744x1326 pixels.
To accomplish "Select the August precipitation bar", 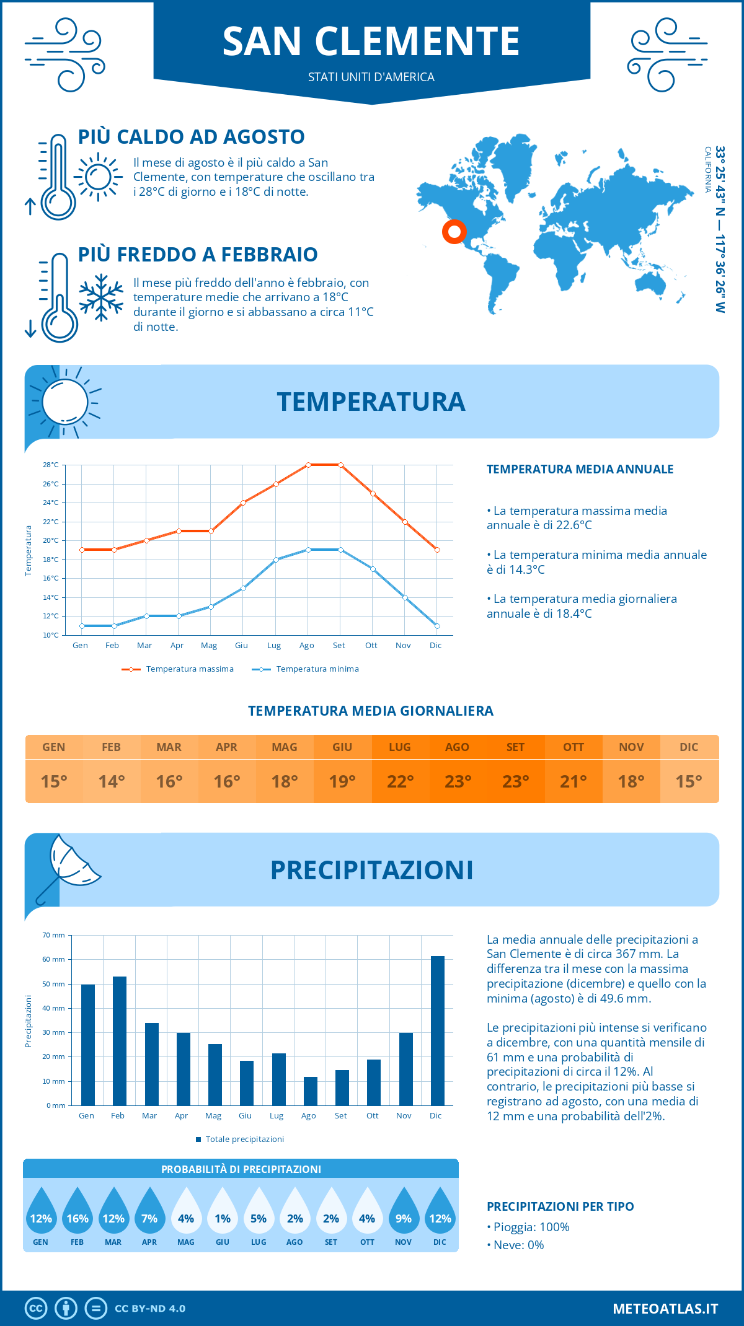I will pos(311,1091).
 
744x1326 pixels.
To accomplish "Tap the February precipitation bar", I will pos(120,1041).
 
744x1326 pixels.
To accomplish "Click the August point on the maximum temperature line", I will pos(308,465).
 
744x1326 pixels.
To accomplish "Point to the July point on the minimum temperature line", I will pos(276,560).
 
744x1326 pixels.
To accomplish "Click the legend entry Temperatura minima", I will pos(306,669).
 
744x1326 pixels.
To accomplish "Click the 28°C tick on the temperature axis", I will pos(51,465).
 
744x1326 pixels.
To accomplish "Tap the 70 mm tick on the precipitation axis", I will pos(54,935).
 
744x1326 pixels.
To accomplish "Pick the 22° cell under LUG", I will pos(400,781).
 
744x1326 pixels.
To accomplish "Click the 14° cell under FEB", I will pos(112,781).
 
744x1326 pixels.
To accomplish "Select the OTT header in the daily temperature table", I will pos(573,747).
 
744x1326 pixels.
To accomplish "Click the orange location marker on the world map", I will pos(454,232).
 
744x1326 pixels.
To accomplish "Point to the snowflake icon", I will pos(101,297).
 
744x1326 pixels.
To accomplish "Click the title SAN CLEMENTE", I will pos(371,42).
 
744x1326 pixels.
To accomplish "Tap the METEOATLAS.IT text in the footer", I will pos(665,1309).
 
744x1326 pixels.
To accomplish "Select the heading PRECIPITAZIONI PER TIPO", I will pos(560,1206).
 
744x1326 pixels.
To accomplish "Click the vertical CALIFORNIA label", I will pos(707,169).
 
